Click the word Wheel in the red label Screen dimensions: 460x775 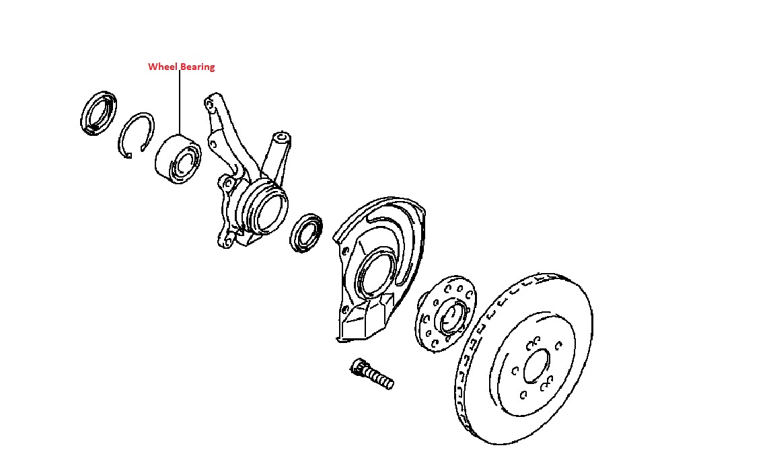pos(161,67)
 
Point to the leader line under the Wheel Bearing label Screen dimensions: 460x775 pos(180,101)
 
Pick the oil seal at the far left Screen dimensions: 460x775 pos(98,113)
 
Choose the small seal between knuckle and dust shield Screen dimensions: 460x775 pos(307,233)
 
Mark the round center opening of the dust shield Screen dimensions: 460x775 pos(374,272)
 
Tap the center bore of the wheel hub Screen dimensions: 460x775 pos(453,316)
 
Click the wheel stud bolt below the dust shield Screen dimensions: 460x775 pos(372,374)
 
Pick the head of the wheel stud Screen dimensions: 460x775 pos(357,367)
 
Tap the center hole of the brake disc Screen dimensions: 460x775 pos(536,369)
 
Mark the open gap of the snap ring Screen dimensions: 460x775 pos(129,156)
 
